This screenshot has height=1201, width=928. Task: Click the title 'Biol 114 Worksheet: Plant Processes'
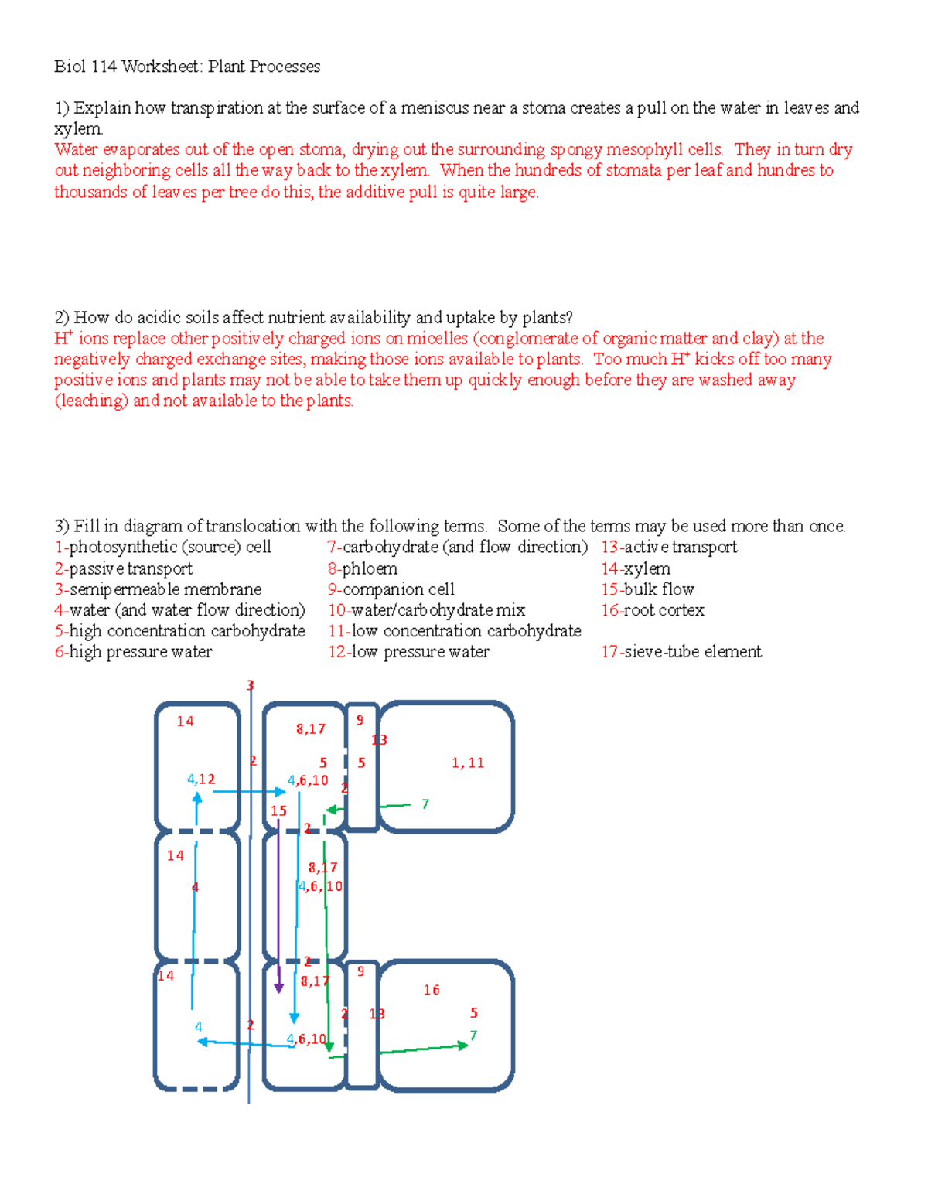(187, 67)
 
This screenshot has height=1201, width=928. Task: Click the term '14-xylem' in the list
(636, 568)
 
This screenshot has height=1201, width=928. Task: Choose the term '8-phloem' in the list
(363, 568)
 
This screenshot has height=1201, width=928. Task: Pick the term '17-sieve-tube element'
(681, 652)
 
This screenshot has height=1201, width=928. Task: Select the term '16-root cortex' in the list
(653, 610)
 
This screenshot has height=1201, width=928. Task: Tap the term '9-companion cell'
(391, 589)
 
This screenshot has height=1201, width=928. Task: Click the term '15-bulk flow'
(648, 589)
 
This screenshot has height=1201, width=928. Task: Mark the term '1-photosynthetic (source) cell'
(163, 548)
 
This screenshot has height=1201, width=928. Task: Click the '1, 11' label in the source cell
(468, 763)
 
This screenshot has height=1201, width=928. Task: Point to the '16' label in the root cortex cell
(432, 990)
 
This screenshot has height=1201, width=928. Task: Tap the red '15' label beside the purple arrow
(278, 811)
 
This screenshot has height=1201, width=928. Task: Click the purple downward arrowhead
(279, 988)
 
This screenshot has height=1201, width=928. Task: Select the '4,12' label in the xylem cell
(201, 780)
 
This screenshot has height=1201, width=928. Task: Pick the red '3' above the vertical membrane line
(250, 685)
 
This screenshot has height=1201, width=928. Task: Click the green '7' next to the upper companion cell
(425, 804)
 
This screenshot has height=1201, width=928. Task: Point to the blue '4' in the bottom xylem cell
(199, 1027)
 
